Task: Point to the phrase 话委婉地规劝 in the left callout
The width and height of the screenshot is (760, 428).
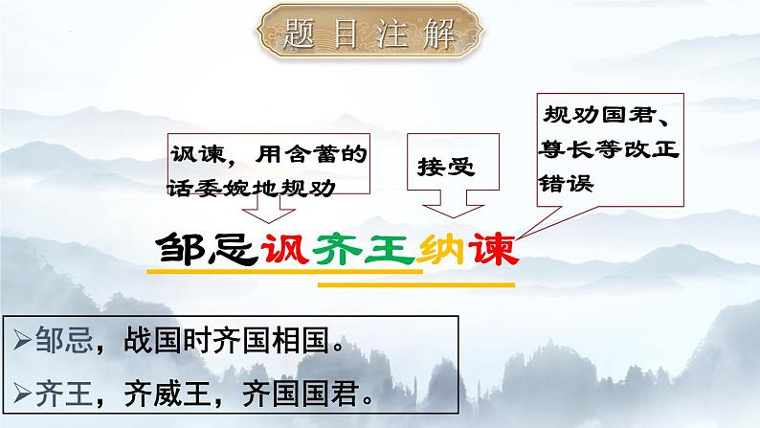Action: pyautogui.click(x=253, y=185)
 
